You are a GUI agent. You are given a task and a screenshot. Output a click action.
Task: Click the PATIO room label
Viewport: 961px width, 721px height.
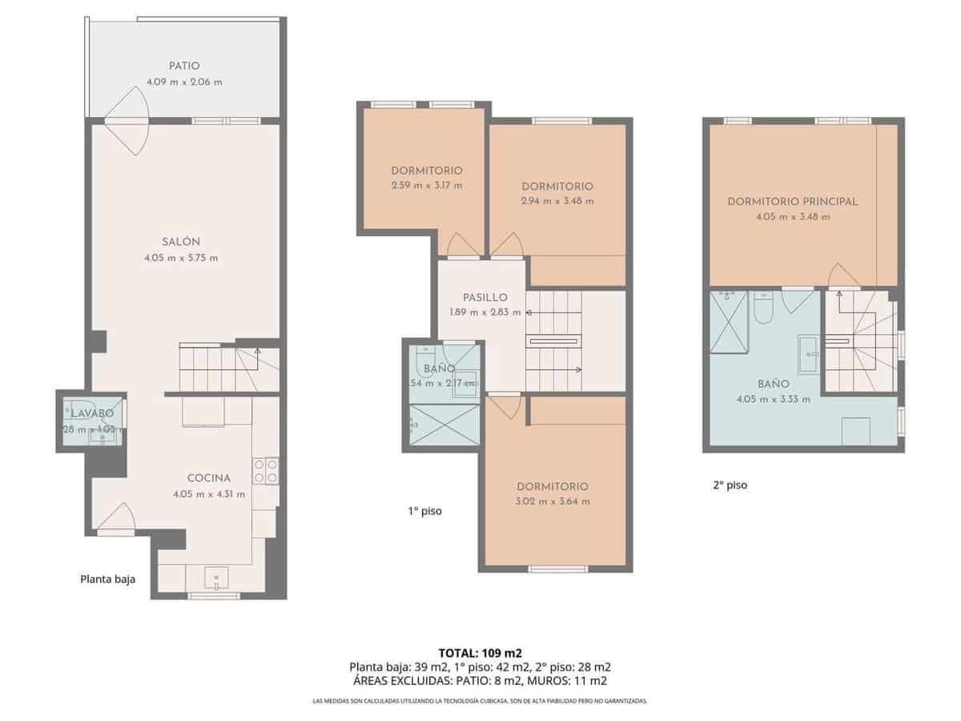[x=184, y=66]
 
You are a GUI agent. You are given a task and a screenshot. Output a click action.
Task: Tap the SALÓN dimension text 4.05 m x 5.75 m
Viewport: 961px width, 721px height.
[x=181, y=258]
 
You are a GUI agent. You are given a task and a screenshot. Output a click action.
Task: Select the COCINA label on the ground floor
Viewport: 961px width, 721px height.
[x=208, y=478]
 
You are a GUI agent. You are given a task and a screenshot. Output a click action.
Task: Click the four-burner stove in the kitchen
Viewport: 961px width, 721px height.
[x=266, y=471]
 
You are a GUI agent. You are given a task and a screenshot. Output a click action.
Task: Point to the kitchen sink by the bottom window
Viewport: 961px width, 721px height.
[x=216, y=578]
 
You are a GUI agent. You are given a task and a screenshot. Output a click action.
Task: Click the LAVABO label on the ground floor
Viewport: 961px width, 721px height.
[x=91, y=413]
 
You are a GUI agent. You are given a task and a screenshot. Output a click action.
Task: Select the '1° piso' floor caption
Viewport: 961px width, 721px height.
[x=424, y=510]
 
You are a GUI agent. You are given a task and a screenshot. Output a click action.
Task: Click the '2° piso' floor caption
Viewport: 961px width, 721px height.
[x=730, y=485]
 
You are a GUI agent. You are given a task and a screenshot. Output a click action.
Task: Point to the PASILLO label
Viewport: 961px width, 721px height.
[x=485, y=297]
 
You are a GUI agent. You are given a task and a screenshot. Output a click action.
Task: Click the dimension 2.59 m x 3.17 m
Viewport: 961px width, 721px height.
[x=427, y=186]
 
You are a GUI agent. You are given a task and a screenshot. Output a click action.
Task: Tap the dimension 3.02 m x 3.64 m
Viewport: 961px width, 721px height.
[x=553, y=501]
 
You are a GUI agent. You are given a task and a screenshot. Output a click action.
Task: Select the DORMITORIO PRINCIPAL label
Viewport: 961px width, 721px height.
[x=793, y=201]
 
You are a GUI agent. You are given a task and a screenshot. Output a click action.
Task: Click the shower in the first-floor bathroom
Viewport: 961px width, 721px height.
[x=444, y=424]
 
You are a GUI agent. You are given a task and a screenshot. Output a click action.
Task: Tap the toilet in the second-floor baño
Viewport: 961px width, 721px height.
[x=762, y=308]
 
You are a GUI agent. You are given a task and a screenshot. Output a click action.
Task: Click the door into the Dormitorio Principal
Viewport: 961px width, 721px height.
[x=844, y=277]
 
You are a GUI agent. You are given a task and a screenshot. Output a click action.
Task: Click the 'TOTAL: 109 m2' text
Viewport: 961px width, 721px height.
[x=480, y=652]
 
